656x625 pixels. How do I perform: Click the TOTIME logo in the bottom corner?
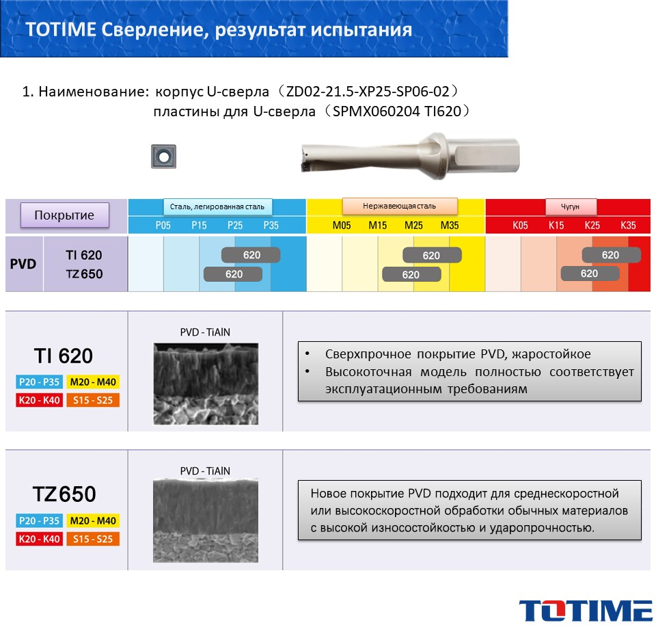586,611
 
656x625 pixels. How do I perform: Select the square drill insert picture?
163,157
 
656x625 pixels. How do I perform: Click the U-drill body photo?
411,156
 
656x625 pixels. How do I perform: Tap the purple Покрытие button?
65,215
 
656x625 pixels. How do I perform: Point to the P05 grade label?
163,226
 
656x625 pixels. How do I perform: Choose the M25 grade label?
413,226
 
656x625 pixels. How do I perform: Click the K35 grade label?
628,226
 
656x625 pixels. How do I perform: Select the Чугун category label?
570,207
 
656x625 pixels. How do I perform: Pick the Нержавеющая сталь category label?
400,206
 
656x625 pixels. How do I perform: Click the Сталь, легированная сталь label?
217,207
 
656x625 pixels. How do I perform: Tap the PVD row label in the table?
23,264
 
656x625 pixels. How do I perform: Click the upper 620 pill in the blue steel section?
251,255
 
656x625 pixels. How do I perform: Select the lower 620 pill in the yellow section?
411,275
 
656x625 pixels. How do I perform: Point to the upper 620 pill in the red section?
611,255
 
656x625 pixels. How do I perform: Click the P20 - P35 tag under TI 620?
40,382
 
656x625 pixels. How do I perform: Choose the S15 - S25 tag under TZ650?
93,539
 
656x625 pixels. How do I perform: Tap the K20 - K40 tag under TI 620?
40,400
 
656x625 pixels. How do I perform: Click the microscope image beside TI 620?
206,384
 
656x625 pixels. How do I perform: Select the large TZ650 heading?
64,494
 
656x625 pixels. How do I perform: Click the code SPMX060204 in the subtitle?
376,111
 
